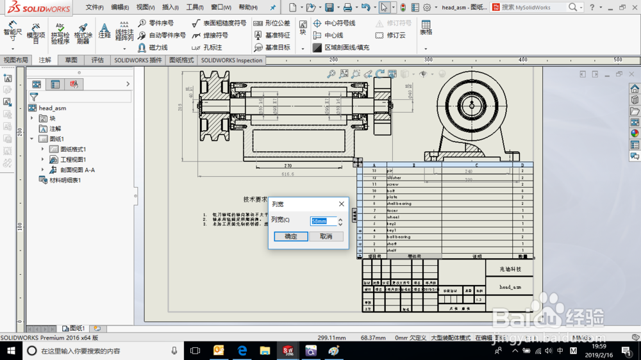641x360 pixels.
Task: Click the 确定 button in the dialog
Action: (291, 236)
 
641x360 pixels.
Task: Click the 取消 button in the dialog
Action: (326, 236)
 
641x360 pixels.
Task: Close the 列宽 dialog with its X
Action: (341, 204)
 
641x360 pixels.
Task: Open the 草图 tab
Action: (71, 60)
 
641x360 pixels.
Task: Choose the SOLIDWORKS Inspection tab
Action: (231, 60)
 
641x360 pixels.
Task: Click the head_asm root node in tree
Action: (52, 108)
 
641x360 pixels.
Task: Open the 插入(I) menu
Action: (171, 8)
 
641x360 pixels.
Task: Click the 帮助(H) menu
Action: (247, 8)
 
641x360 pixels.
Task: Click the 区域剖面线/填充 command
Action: (346, 47)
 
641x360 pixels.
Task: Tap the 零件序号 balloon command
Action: (161, 23)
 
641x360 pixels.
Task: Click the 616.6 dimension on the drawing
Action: (287, 174)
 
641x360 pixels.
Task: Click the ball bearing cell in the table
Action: (399, 237)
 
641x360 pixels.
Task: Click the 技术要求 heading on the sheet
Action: (255, 199)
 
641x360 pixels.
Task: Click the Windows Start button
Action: (12, 350)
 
